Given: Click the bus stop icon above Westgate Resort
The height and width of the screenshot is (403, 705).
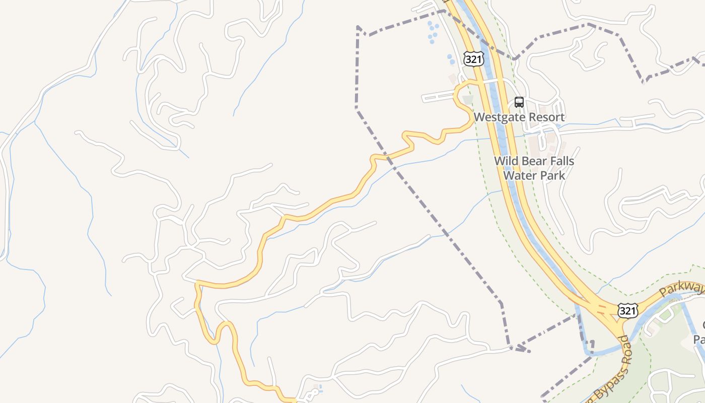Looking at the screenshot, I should pos(519,102).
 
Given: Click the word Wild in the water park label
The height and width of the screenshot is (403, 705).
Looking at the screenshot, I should pos(505,161).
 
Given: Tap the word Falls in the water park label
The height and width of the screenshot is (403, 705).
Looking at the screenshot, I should pos(561,161).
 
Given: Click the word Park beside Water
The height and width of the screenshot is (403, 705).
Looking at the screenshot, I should pos(552,175).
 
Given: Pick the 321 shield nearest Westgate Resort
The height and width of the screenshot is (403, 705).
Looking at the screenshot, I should pos(474,59).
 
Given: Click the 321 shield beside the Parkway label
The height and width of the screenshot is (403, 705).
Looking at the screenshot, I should pos(627,311).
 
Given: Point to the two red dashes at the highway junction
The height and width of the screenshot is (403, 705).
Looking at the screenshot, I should pos(601,308).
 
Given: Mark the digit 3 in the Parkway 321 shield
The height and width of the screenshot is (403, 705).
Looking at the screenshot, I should pos(623,311).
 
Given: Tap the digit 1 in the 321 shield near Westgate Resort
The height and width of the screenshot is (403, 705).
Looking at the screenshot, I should pos(479,59).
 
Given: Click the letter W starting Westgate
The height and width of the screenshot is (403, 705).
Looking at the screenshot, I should pos(479,117).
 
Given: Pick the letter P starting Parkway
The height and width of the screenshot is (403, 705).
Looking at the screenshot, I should pos(663,293).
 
